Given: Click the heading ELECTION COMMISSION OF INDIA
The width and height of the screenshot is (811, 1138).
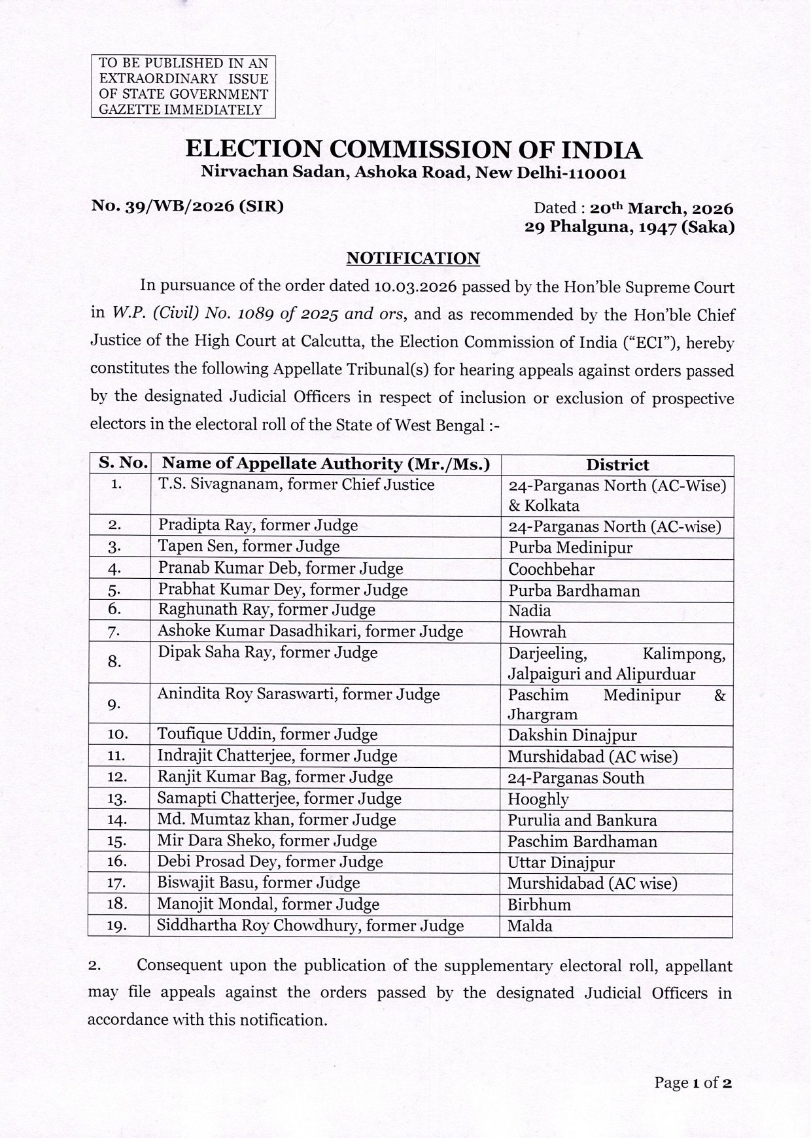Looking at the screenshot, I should click(x=413, y=150).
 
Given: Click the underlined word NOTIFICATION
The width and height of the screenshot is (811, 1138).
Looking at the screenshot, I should click(x=413, y=258).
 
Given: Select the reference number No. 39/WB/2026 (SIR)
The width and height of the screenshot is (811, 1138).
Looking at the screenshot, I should click(x=188, y=207).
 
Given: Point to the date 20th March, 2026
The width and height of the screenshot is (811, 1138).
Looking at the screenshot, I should click(x=661, y=209).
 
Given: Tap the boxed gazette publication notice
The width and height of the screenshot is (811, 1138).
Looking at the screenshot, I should click(x=183, y=86).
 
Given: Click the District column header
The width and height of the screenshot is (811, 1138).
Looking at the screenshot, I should click(x=617, y=465).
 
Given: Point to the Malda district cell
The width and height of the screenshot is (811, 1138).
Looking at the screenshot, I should click(x=530, y=926).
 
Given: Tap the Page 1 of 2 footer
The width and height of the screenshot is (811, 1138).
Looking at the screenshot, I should click(x=693, y=1082).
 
